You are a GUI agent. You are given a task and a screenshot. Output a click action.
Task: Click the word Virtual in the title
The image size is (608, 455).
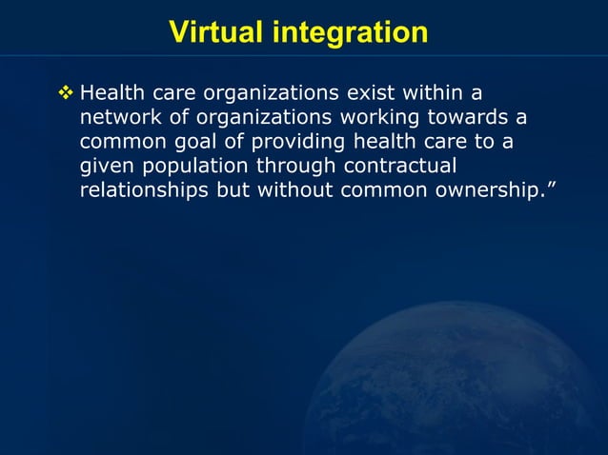[217, 32]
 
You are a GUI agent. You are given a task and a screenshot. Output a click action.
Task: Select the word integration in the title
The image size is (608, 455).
[351, 33]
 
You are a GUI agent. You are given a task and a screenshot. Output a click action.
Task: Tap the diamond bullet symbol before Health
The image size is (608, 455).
[67, 94]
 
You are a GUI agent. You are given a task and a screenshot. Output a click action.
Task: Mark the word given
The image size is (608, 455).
[106, 166]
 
